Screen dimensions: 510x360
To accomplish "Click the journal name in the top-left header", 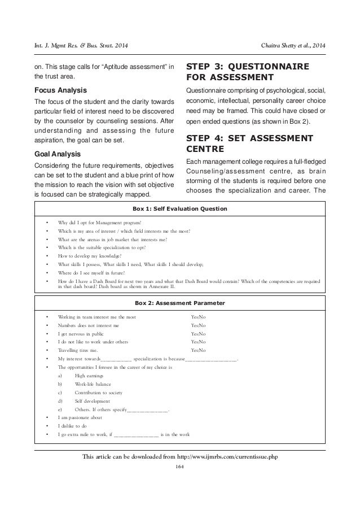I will (x=77, y=45).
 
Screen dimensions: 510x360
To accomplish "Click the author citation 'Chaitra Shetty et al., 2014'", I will (x=293, y=45).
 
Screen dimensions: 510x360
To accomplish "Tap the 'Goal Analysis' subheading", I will (x=55, y=153).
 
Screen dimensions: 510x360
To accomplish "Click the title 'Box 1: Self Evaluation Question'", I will (x=180, y=208).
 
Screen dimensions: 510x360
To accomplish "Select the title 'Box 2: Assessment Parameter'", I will (x=180, y=303).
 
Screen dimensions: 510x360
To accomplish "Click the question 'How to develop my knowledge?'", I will (x=90, y=255).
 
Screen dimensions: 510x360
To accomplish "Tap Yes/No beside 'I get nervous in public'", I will (x=198, y=334).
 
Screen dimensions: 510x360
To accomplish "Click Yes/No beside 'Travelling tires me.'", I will (x=198, y=350).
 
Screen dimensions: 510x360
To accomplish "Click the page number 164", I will (x=180, y=466).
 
